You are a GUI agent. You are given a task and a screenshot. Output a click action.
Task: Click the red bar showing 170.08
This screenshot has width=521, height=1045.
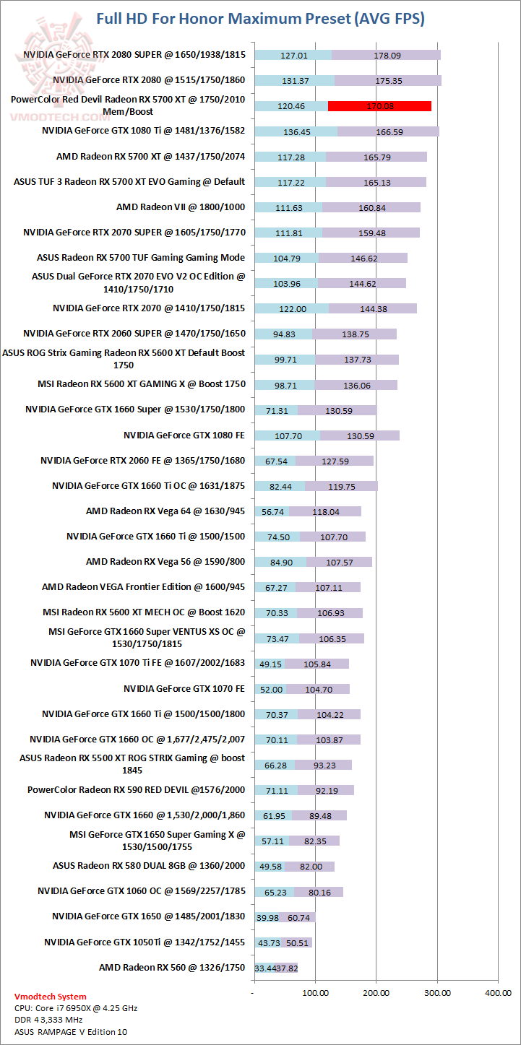point(379,106)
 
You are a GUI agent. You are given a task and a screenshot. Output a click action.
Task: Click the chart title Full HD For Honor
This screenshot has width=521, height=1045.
point(260,19)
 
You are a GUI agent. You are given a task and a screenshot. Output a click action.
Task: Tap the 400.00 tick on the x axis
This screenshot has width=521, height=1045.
point(497,993)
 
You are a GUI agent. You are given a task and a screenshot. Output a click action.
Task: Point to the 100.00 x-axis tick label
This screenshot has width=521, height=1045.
point(315,993)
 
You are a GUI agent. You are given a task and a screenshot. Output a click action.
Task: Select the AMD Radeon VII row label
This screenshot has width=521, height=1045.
point(181,207)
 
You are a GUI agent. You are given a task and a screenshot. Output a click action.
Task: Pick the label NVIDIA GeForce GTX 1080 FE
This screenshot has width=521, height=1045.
point(184,435)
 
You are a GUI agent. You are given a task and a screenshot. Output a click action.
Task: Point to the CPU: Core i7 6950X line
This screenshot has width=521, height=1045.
point(76,1008)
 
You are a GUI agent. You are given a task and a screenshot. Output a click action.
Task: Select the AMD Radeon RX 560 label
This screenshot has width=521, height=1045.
point(172,967)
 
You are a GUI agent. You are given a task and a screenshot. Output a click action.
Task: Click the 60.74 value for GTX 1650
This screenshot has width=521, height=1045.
point(299,917)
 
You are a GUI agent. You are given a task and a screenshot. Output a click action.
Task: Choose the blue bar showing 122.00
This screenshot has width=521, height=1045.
point(291,308)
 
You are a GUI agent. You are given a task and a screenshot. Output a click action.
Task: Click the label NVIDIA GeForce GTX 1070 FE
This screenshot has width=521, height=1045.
point(184,689)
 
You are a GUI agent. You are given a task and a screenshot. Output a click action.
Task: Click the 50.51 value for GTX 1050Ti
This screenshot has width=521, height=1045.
point(298,942)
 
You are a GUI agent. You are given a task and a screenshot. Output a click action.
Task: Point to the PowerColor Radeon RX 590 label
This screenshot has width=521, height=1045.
point(136,790)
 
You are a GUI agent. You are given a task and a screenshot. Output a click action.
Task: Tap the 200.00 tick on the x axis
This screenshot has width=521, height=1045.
point(376,993)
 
